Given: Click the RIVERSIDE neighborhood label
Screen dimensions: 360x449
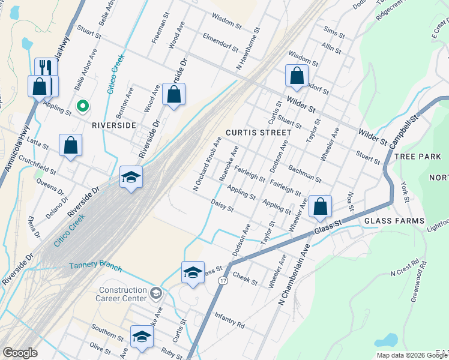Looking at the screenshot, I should coord(114,125).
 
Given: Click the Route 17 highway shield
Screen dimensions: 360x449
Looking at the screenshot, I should coord(223,281).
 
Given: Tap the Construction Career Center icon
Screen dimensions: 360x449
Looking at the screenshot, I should coord(156,292).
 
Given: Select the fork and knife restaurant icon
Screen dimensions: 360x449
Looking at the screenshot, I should coord(46,69).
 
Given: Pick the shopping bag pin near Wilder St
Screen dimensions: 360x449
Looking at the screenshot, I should coord(297,76).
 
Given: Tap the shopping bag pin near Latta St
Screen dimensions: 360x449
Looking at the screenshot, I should coord(71,146).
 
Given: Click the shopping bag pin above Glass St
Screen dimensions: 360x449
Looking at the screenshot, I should coord(321,207).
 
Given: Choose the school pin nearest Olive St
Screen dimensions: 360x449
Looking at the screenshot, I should coord(141,337).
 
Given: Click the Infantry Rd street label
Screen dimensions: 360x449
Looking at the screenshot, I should coord(229,325).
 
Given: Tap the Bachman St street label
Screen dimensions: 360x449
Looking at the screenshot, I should coord(305,173).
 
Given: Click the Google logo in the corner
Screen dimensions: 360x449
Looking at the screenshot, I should coord(20,353).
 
